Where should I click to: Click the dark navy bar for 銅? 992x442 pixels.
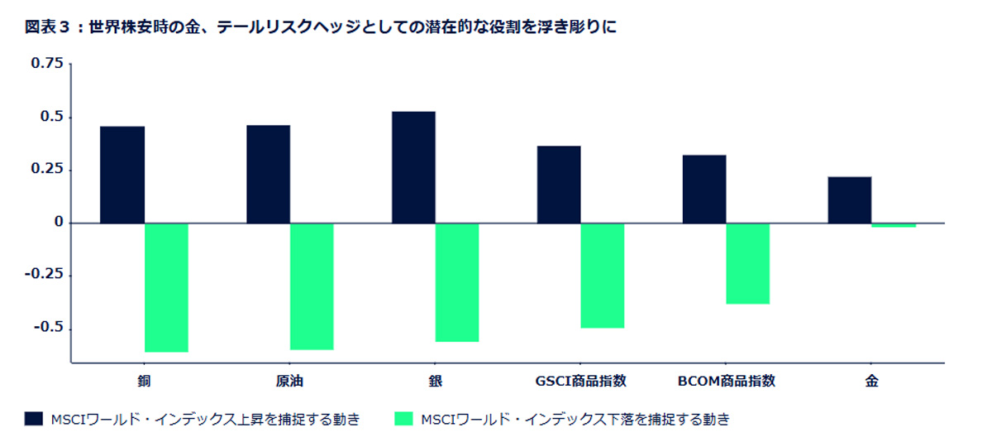click(122, 175)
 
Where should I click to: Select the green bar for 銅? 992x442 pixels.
click(166, 287)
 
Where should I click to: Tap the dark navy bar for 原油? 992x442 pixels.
click(268, 174)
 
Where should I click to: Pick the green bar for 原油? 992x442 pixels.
click(312, 286)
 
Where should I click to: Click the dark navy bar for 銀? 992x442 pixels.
click(413, 167)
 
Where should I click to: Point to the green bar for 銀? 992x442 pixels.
click(457, 282)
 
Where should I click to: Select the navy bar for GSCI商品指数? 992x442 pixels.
click(559, 185)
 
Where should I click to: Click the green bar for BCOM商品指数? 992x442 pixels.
click(748, 263)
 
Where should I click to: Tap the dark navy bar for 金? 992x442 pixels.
click(850, 199)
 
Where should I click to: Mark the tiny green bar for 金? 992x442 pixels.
click(894, 225)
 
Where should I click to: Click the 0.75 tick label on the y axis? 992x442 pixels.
click(47, 64)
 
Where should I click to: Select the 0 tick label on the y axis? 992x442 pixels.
click(59, 223)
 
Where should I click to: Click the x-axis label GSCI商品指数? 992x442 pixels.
click(581, 382)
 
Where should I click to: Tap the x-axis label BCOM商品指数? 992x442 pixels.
click(727, 382)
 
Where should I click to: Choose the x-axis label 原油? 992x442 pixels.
click(290, 382)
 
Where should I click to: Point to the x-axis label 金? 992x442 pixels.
click(872, 382)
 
